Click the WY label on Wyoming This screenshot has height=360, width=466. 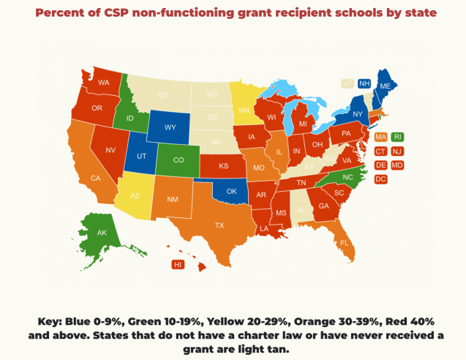pos(170,127)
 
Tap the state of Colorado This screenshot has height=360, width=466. pos(178,160)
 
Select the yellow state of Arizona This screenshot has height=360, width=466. pos(135,196)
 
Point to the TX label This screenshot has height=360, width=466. pos(219,225)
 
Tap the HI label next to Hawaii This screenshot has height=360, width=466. pos(177,264)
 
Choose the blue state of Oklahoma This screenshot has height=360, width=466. pos(231,192)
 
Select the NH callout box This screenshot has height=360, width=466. pos(364,84)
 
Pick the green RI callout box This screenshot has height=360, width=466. pos(397,137)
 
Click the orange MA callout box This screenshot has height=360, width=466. pos(380,137)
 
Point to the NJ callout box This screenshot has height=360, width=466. pos(397,151)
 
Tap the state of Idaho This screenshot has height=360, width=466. pos(129,117)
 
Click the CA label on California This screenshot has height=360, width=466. pos(95,178)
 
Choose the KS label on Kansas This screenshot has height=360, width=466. pos(223,166)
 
